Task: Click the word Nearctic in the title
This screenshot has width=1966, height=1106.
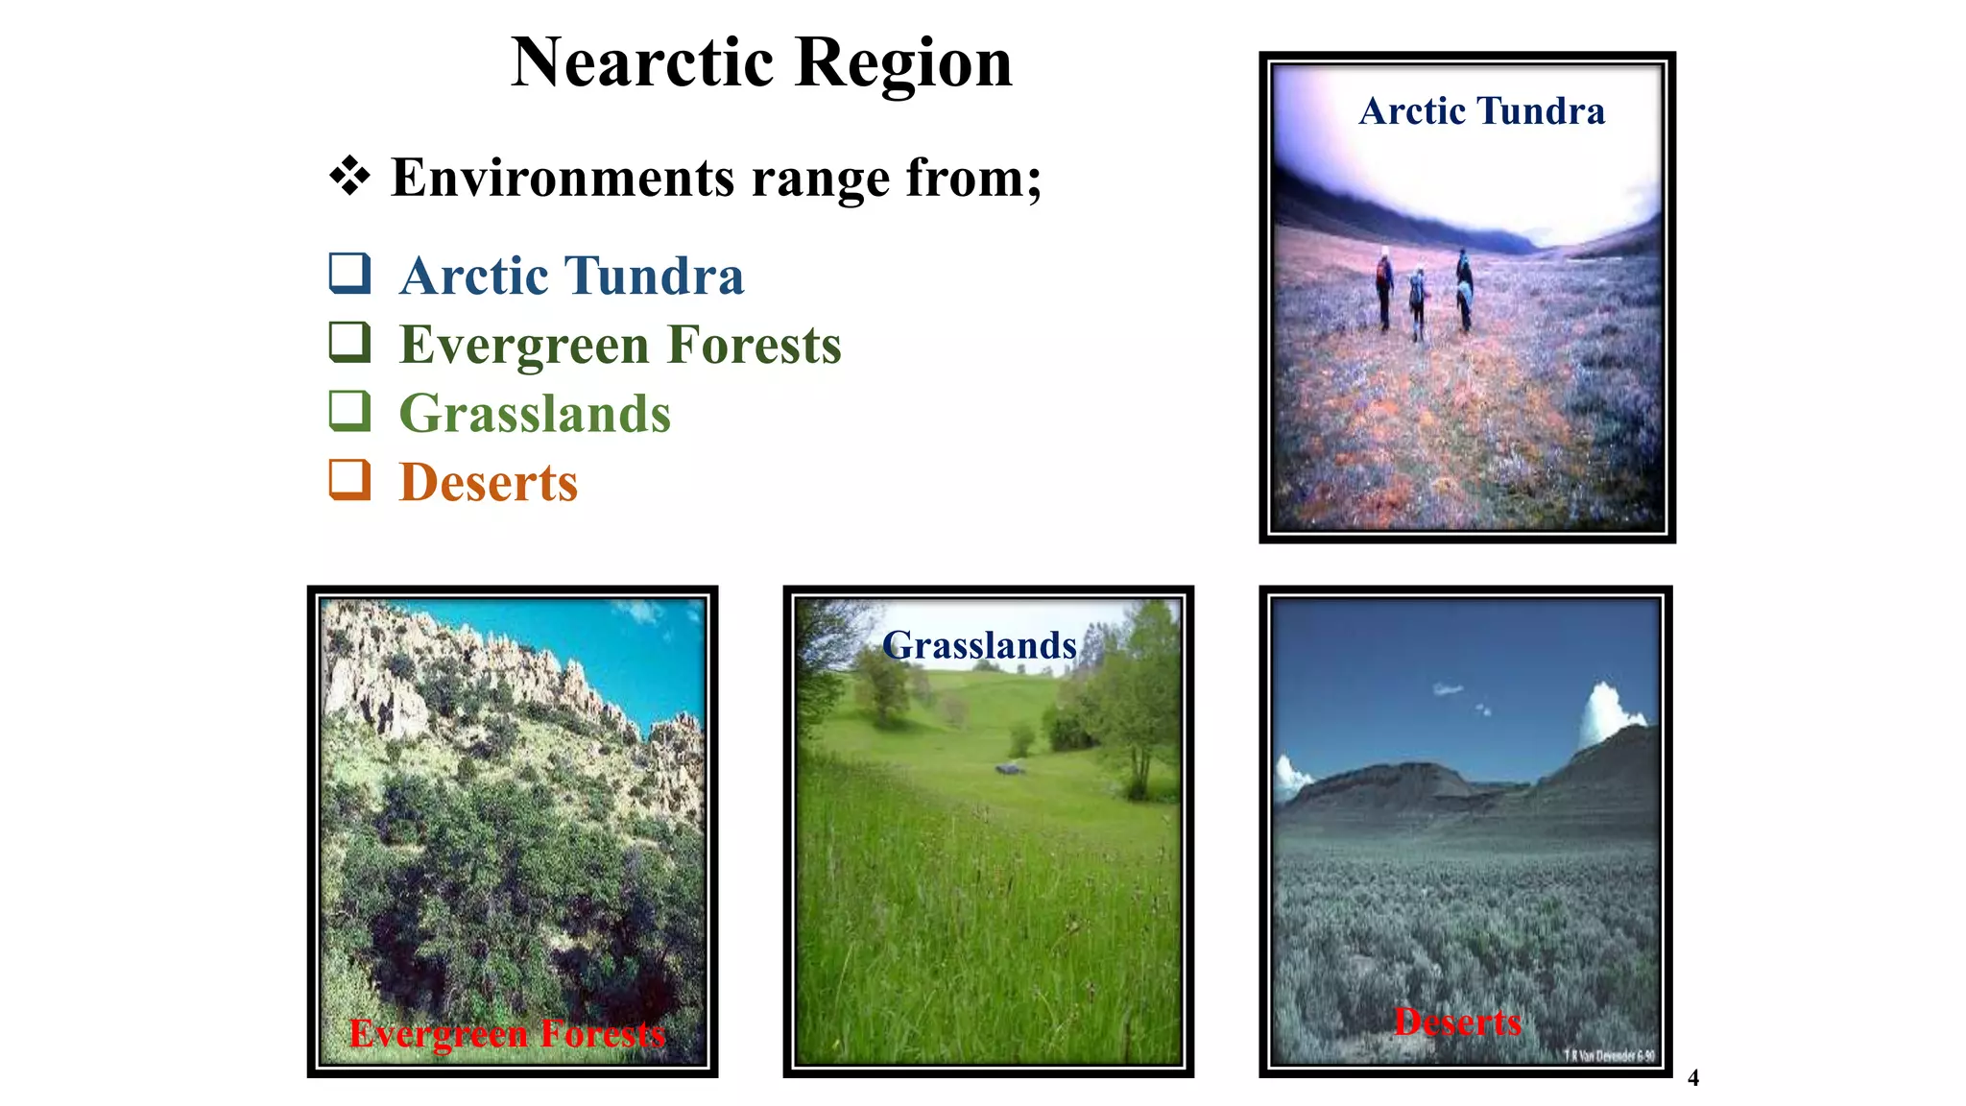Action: point(642,63)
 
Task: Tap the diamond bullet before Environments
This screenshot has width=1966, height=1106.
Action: point(349,177)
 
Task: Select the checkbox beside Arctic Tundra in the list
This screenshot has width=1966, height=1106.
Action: point(349,273)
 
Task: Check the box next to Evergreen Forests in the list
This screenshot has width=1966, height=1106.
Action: point(349,342)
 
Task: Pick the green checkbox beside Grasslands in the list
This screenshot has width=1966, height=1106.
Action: point(349,411)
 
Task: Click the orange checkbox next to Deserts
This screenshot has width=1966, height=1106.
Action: point(349,479)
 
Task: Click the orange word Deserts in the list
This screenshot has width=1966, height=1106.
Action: point(489,483)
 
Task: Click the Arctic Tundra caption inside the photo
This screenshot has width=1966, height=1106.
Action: point(1481,111)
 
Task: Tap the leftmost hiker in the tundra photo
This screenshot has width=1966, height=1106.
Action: point(1383,288)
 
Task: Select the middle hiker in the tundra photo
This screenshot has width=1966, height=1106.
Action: point(1417,302)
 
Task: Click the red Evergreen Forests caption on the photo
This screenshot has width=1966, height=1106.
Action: point(507,1034)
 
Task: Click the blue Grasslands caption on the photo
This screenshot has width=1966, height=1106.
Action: point(979,645)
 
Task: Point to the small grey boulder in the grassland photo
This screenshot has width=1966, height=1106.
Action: point(1008,768)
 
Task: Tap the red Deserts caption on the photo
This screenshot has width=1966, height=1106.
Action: point(1457,1022)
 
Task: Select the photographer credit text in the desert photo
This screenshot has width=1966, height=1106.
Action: point(1609,1055)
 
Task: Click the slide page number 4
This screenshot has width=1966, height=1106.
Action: point(1693,1078)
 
